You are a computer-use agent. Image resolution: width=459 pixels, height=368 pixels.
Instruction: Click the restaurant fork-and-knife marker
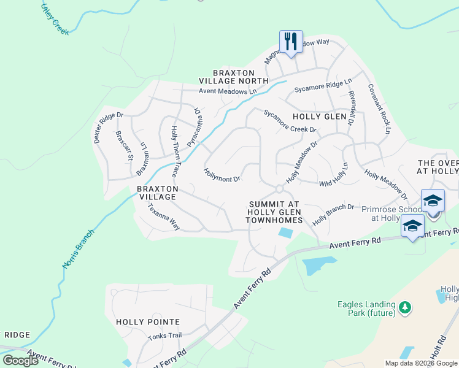pyautogui.click(x=290, y=42)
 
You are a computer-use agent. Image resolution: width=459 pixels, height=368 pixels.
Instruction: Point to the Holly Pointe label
pyautogui.click(x=148, y=321)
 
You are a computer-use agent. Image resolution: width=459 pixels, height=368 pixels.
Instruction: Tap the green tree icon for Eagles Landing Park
pyautogui.click(x=404, y=307)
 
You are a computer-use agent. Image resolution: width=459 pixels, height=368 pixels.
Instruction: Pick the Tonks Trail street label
pyautogui.click(x=165, y=335)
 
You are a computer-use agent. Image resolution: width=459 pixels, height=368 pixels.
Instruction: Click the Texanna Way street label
pyautogui.click(x=163, y=217)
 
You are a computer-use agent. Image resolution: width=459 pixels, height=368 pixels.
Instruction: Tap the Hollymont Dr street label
pyautogui.click(x=222, y=175)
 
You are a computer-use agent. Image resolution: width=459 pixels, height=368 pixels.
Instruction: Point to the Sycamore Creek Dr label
pyautogui.click(x=290, y=121)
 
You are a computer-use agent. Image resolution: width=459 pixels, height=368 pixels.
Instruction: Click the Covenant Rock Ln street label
pyautogui.click(x=379, y=110)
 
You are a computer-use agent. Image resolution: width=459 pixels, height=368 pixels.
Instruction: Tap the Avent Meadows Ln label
pyautogui.click(x=227, y=91)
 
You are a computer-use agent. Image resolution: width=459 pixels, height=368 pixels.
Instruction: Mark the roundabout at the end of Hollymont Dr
pyautogui.click(x=278, y=188)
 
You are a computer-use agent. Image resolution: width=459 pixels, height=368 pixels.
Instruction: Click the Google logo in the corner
pyautogui.click(x=21, y=360)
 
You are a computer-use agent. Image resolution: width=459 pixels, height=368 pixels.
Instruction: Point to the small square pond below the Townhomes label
pyautogui.click(x=285, y=232)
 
